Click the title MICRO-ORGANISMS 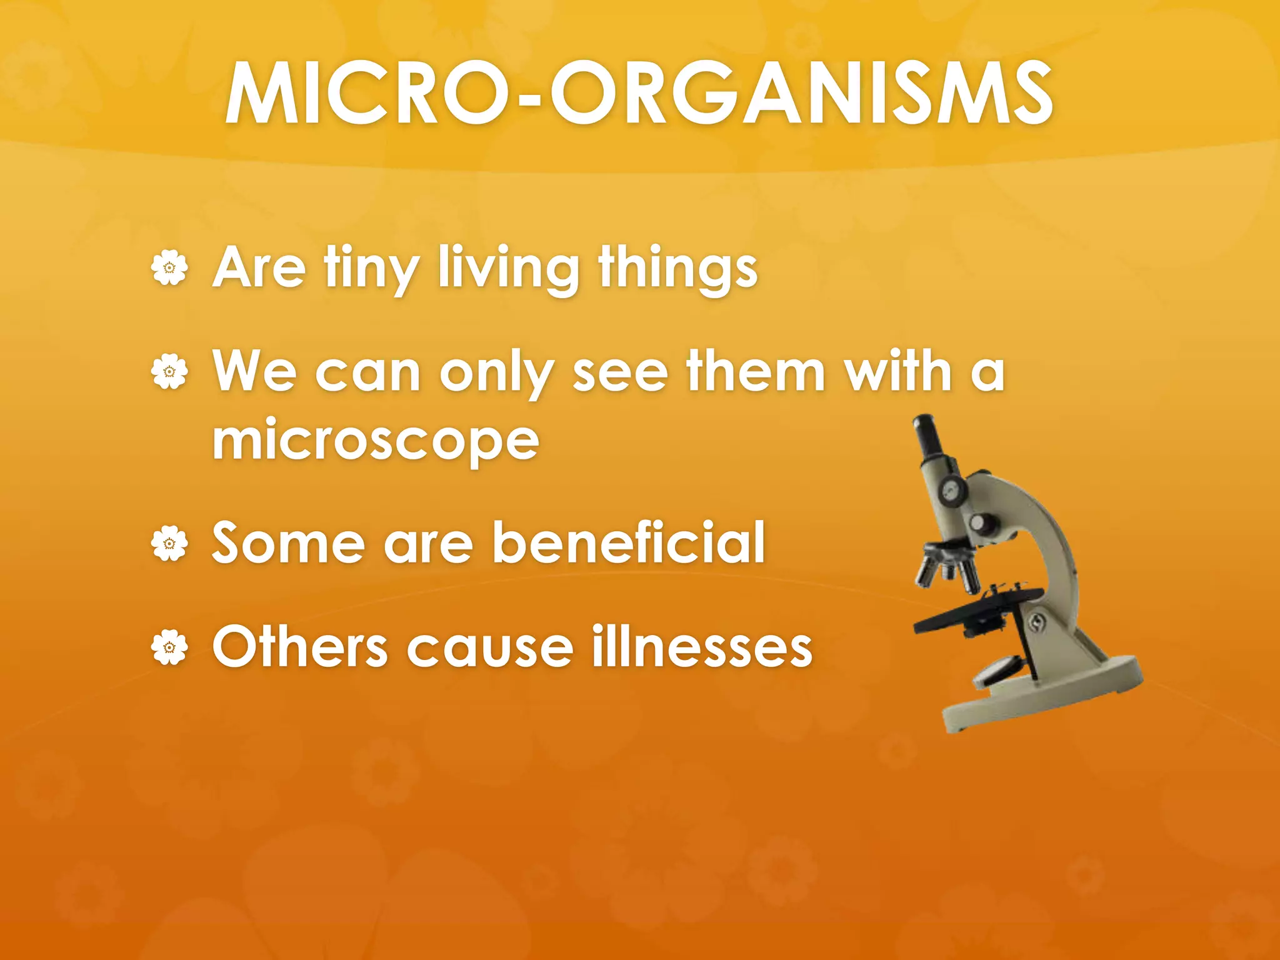[639, 94]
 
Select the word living [508, 269]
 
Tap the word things [677, 269]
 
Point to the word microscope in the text [375, 441]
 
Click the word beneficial [629, 542]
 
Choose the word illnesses [701, 647]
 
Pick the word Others [300, 647]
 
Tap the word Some [288, 542]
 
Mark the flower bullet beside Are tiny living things [169, 269]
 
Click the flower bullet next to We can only [169, 372]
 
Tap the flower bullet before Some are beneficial [169, 543]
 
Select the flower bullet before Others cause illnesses [169, 647]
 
